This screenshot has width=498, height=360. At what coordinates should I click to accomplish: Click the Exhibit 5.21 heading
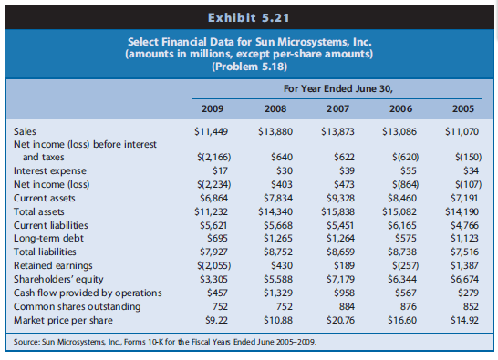[x=248, y=15]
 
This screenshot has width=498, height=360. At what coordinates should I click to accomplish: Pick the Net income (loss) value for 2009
[x=212, y=180]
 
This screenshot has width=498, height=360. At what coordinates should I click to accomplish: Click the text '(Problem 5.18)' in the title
[x=248, y=67]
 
